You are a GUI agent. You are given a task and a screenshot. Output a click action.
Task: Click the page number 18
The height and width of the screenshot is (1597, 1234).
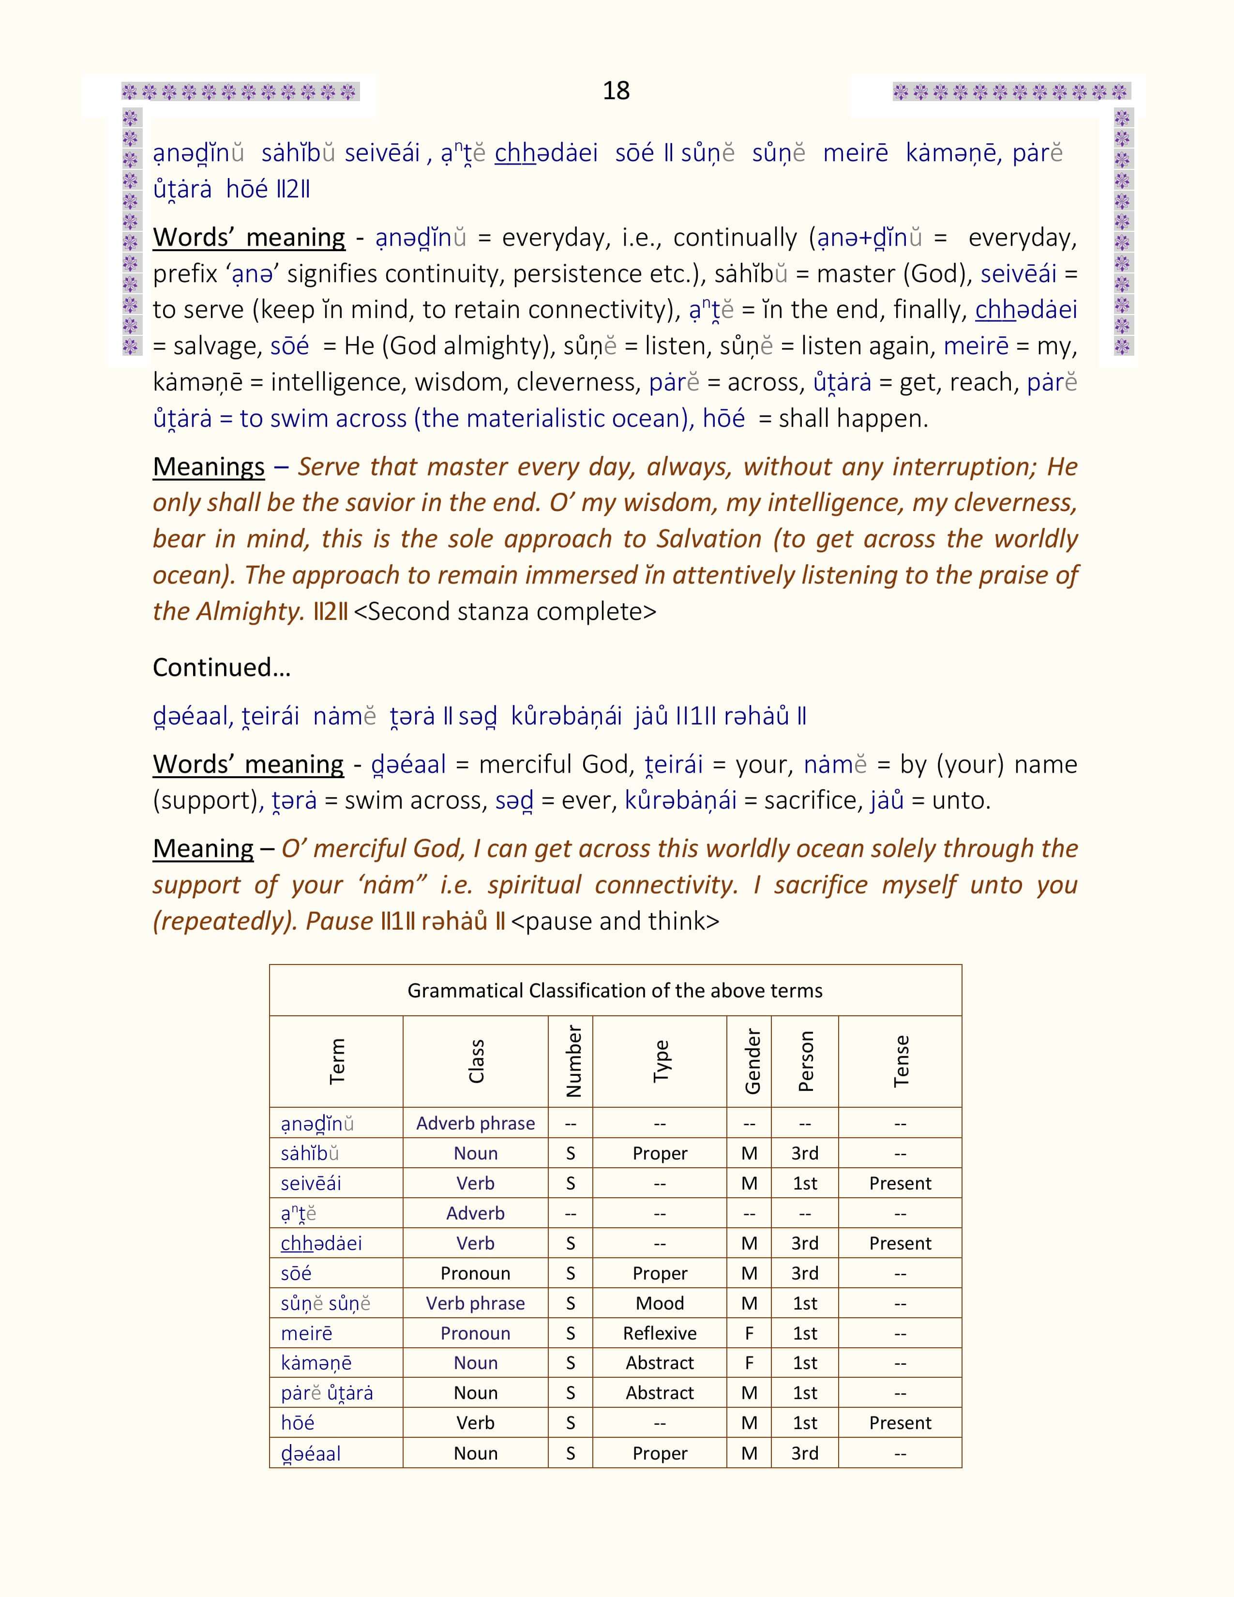coord(616,90)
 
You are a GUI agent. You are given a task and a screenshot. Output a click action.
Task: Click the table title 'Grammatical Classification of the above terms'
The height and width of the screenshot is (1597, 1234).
coord(615,990)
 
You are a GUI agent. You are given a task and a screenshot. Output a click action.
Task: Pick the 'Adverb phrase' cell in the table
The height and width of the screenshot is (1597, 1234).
coord(475,1123)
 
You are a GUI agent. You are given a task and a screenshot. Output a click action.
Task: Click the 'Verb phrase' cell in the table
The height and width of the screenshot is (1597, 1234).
coord(475,1303)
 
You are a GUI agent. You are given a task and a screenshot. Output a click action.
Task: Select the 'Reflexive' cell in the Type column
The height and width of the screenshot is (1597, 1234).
coord(660,1333)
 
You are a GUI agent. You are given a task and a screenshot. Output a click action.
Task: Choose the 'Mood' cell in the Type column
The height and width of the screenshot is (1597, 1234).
coord(660,1303)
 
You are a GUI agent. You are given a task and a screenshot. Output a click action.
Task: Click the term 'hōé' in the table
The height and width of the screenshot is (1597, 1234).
coord(298,1423)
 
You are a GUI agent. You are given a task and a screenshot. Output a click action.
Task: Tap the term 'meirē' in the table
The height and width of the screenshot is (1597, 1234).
coord(306,1333)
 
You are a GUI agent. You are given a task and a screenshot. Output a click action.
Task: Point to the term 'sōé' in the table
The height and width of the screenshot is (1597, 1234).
coord(296,1273)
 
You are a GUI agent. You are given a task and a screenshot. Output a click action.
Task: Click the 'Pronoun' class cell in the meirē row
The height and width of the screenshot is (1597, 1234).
coord(475,1333)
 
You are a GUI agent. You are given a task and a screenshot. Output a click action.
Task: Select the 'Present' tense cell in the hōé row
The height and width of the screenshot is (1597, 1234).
coord(900,1423)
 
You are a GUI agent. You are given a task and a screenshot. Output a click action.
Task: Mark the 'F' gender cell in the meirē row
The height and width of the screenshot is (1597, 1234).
coord(749,1333)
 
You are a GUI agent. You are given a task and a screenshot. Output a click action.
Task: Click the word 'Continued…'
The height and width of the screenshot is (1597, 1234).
coord(222,667)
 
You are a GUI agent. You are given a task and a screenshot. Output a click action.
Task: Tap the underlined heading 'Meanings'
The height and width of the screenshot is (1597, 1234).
coord(209,467)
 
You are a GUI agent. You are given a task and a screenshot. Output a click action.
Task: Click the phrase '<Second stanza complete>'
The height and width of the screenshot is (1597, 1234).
coord(504,611)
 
